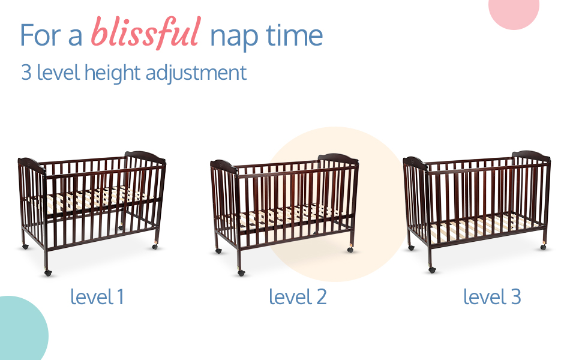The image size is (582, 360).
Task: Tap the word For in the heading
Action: point(40,35)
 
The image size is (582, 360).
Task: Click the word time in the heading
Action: point(294,35)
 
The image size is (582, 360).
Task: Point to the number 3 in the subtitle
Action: point(26,72)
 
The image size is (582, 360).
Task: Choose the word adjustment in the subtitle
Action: point(196,73)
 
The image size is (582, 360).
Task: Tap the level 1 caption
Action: point(97,297)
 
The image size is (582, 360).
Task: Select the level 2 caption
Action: point(298,297)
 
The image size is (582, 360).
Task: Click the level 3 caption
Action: point(492,297)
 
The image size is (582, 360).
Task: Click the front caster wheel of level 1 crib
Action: point(47,273)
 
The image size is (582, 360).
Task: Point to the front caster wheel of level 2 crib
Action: point(241,273)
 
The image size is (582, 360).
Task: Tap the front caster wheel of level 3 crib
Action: point(431,270)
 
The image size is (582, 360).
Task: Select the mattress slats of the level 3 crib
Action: point(482,226)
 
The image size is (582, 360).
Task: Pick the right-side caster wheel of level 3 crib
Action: point(543,247)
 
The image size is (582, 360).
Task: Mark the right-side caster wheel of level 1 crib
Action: point(155,246)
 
